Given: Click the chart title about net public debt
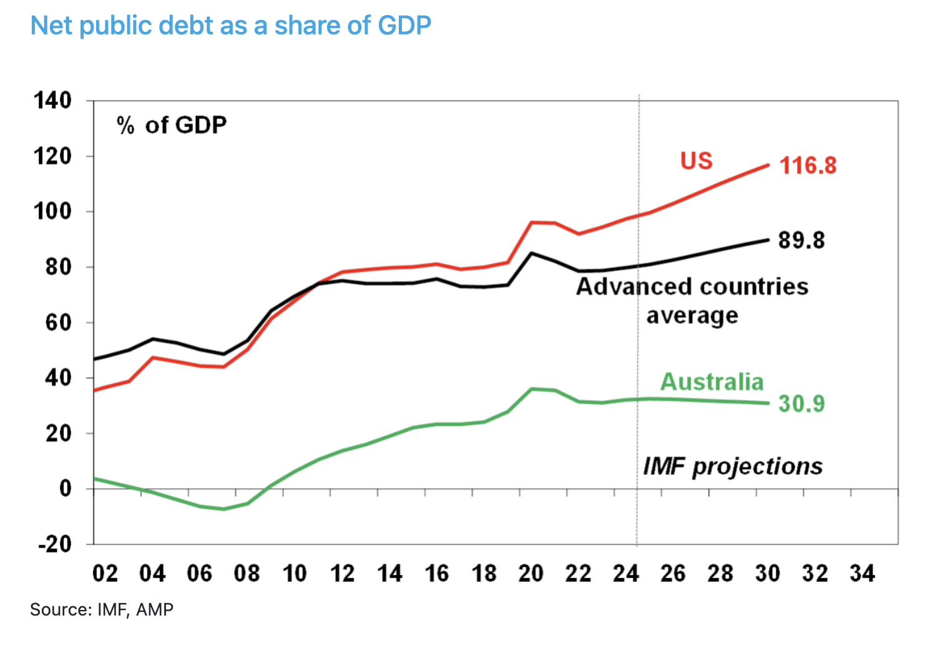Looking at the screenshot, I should click(230, 26).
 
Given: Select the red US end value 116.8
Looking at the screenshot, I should click(808, 165).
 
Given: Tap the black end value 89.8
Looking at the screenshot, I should click(801, 240).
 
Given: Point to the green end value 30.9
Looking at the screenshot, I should click(801, 404).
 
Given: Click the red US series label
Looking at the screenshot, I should click(696, 161).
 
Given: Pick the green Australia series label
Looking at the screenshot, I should click(712, 381).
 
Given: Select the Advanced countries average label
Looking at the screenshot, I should click(692, 300).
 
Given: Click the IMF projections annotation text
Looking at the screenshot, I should click(732, 466).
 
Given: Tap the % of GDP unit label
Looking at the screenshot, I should click(172, 125).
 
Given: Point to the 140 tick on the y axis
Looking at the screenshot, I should click(52, 100).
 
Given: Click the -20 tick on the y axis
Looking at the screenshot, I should click(55, 544).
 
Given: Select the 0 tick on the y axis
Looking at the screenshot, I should click(65, 488).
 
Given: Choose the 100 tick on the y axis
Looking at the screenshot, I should click(52, 211).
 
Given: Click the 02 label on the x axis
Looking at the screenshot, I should click(105, 573).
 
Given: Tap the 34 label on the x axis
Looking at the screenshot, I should click(862, 573).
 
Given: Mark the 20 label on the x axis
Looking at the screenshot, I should click(531, 573).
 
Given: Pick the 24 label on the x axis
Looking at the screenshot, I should click(625, 573).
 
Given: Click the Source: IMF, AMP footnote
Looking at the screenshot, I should click(102, 609).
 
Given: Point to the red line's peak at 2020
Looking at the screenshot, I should click(532, 222).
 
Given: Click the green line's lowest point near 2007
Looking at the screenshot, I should click(223, 509).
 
